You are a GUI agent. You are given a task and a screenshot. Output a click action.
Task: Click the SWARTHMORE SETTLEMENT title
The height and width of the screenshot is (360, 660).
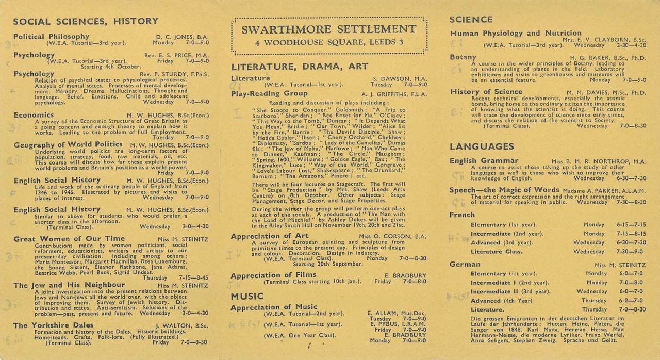[329, 29]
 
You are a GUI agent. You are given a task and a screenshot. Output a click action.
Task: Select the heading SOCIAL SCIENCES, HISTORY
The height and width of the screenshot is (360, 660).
[86, 21]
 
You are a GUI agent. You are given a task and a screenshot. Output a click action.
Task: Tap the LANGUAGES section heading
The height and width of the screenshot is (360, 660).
[482, 146]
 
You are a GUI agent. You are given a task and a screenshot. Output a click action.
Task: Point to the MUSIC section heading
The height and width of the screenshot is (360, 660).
[247, 297]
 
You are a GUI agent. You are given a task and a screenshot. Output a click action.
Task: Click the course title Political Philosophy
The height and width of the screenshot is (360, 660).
[51, 36]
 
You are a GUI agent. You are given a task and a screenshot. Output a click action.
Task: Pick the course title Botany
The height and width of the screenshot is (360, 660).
[463, 57]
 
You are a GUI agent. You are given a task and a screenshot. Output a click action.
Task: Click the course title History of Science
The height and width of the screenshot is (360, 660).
[486, 92]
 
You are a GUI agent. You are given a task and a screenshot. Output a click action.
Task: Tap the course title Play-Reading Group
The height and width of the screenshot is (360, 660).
[269, 93]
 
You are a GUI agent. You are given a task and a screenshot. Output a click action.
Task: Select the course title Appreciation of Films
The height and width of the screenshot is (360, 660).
[273, 275]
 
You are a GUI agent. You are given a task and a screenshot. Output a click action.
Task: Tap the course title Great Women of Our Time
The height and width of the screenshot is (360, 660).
[69, 239]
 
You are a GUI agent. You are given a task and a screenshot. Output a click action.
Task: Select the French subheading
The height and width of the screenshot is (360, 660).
[462, 215]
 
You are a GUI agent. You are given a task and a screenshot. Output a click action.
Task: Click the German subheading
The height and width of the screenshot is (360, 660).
[465, 265]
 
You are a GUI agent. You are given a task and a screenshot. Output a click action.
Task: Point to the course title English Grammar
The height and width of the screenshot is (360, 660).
[484, 161]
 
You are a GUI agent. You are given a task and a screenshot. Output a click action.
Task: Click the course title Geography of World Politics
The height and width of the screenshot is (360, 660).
[68, 145]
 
